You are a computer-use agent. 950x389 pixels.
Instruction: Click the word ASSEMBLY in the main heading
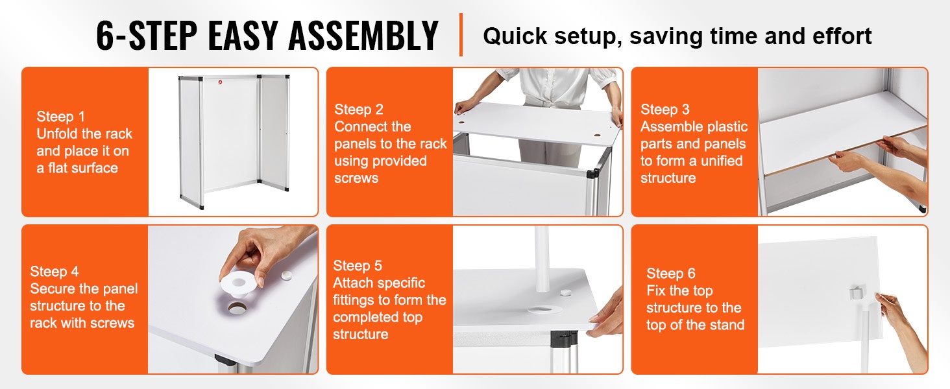click(x=363, y=36)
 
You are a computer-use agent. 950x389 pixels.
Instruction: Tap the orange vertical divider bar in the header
click(x=461, y=35)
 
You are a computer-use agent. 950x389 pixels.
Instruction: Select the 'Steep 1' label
click(x=60, y=117)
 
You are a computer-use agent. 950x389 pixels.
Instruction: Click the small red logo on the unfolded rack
click(x=220, y=82)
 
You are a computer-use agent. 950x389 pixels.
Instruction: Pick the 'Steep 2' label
click(x=359, y=110)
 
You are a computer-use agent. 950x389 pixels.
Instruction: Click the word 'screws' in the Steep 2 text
click(x=356, y=178)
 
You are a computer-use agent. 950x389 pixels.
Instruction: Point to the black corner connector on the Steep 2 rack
click(x=592, y=173)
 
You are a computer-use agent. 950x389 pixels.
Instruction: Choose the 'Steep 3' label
click(x=665, y=110)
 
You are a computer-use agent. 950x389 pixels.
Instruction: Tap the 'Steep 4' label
click(x=55, y=272)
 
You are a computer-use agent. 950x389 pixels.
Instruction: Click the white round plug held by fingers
click(x=237, y=283)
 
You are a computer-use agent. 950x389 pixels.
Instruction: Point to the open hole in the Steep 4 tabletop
click(x=236, y=308)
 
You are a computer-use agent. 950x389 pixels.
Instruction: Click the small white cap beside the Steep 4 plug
click(x=287, y=276)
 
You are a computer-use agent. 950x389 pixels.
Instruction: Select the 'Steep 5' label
click(x=358, y=266)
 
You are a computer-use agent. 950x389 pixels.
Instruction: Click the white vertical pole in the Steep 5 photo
click(x=542, y=259)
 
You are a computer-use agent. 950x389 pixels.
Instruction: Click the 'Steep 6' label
click(x=671, y=274)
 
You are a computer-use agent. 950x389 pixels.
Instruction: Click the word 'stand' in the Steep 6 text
click(x=727, y=325)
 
